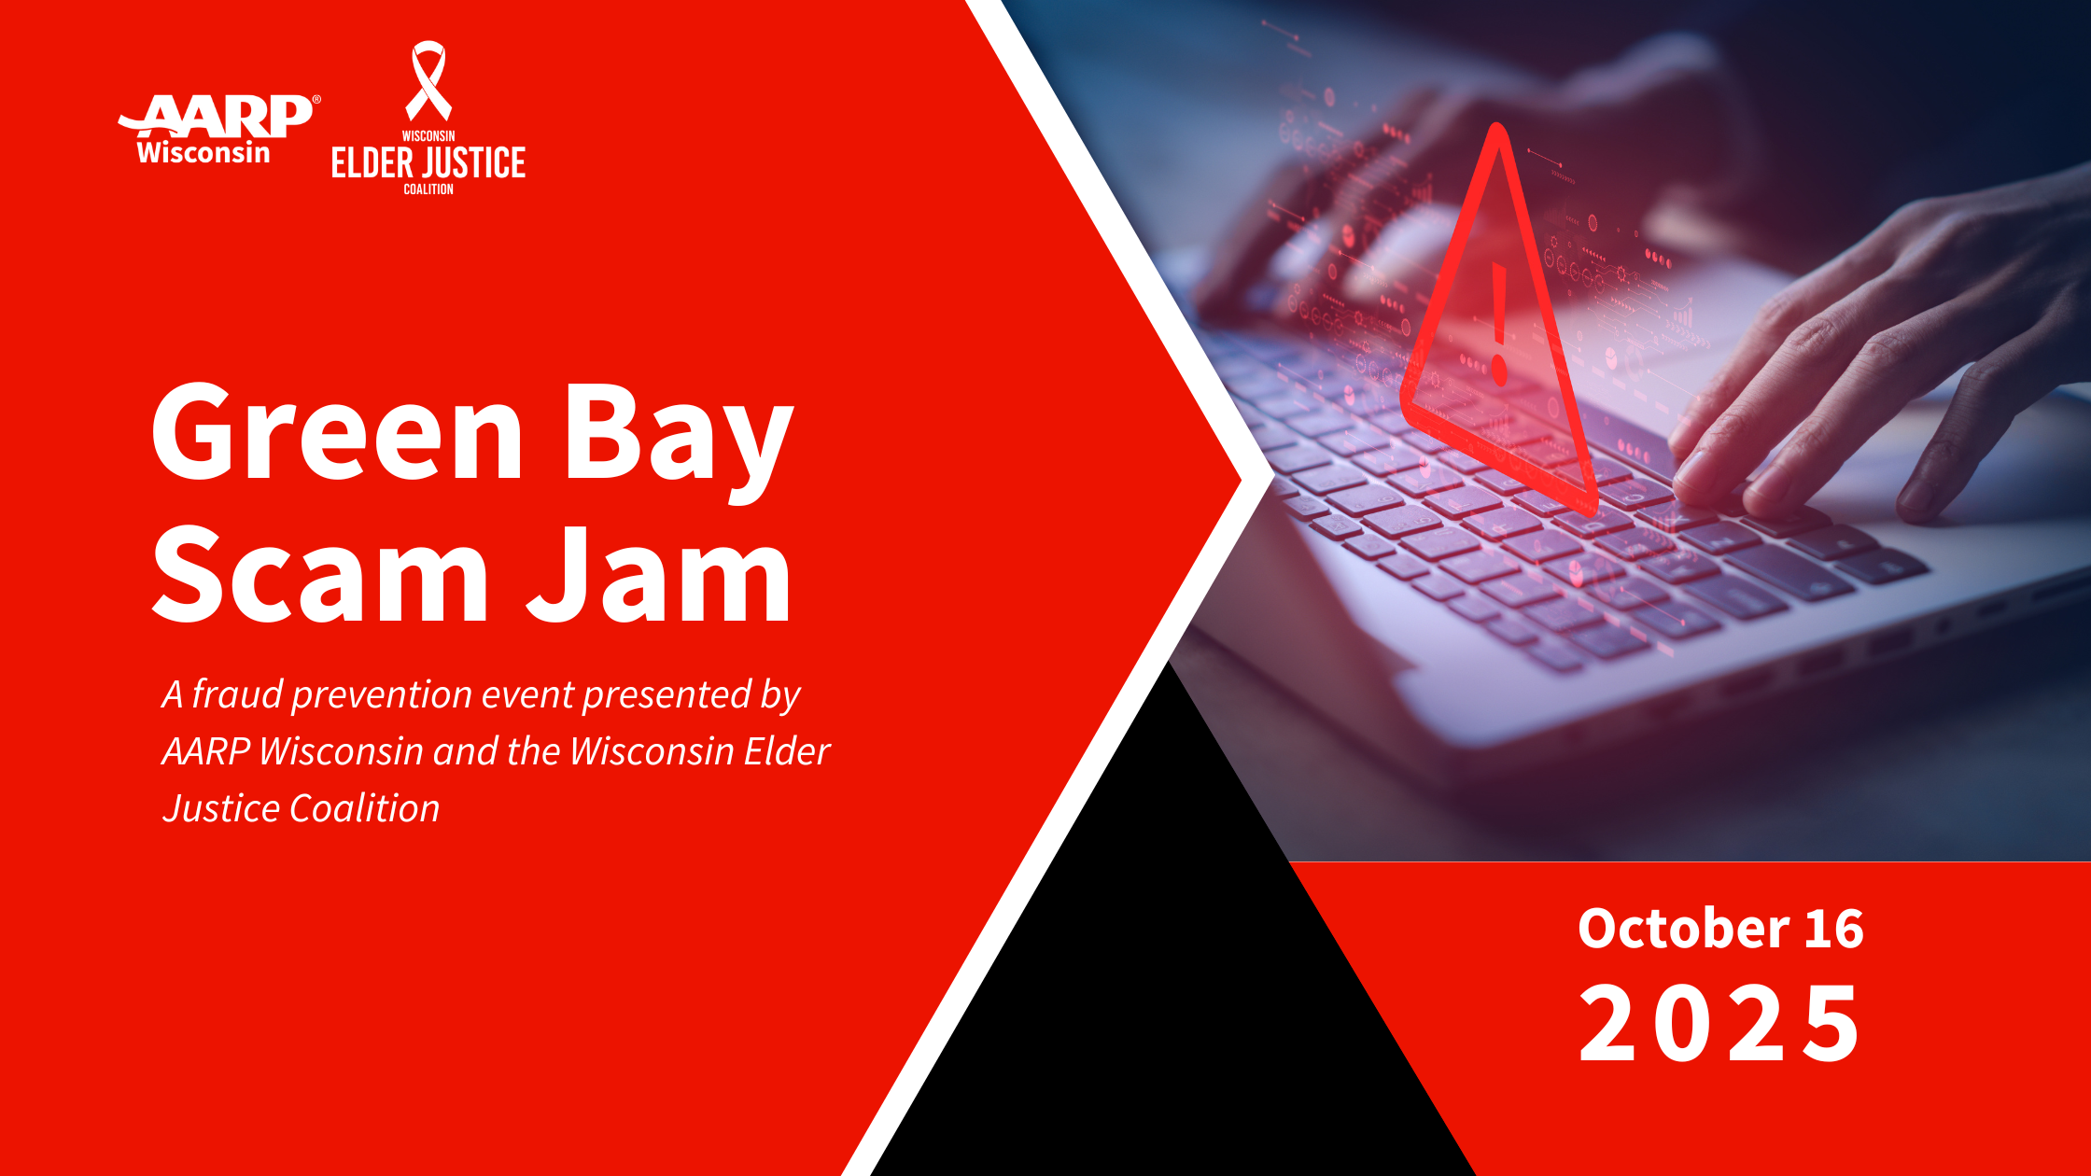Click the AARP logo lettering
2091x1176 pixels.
coord(217,116)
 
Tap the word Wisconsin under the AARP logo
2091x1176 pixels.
coord(203,152)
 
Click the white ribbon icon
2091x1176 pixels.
coord(428,80)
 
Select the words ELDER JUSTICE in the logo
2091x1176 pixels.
coord(428,163)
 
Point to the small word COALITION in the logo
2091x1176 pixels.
coord(428,189)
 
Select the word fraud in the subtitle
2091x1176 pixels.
coord(237,694)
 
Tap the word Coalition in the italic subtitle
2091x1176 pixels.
coord(364,808)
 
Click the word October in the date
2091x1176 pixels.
coord(1683,929)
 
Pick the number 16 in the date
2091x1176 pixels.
coord(1833,930)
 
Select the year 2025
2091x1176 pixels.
coord(1719,1024)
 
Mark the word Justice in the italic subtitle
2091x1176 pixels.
coord(221,808)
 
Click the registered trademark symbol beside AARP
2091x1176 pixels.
coord(316,99)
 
